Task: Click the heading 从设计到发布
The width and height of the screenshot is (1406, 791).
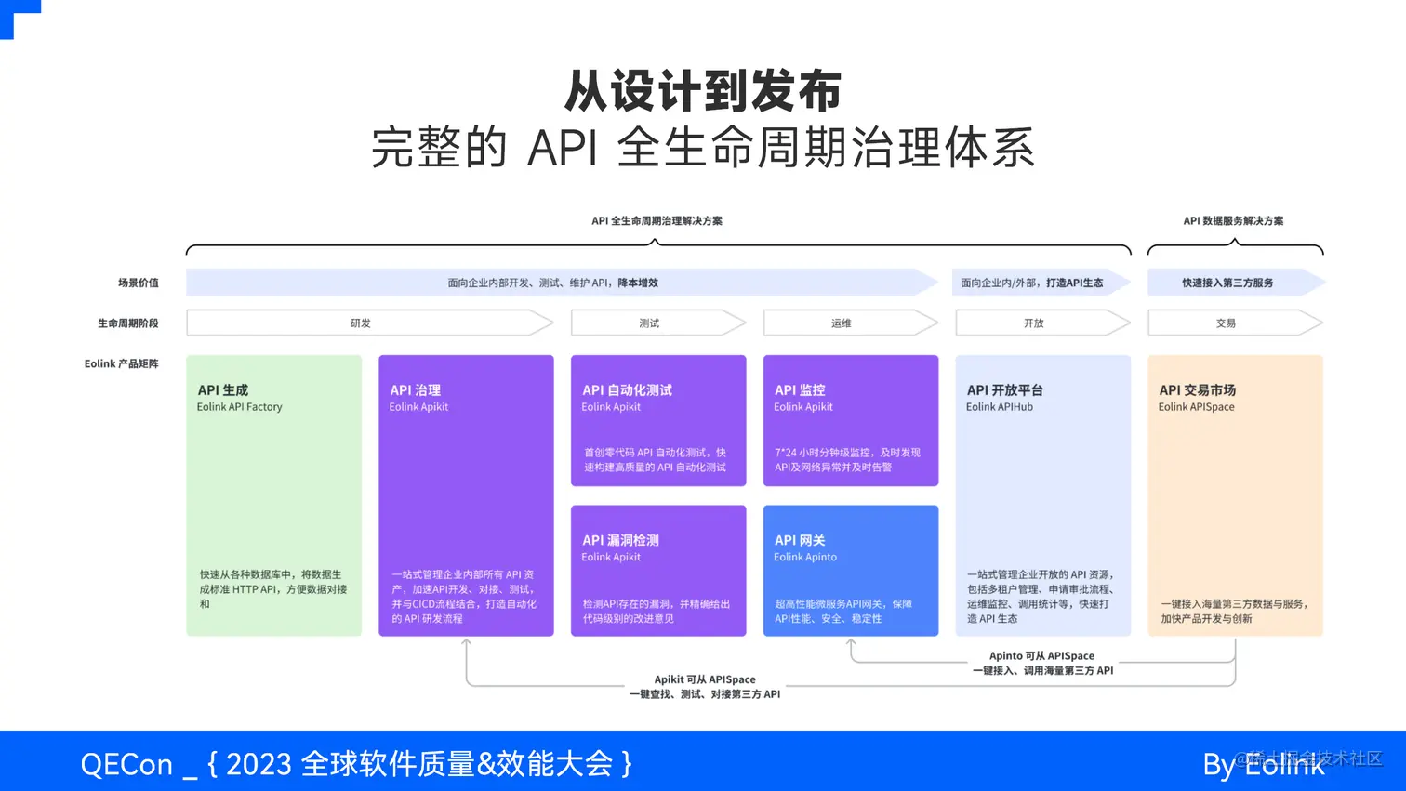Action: click(702, 91)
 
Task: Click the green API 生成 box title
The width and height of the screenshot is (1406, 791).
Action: click(223, 390)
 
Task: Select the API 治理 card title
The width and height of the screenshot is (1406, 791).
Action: click(416, 390)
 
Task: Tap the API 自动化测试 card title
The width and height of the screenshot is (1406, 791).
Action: click(627, 390)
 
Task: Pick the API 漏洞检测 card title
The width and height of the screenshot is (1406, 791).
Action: click(620, 540)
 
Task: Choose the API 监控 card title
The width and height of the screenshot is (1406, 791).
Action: click(800, 390)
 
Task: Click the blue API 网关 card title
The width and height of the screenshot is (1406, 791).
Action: click(800, 540)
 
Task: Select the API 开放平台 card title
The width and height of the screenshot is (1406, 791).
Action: click(1005, 390)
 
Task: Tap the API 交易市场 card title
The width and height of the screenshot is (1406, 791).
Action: click(1198, 390)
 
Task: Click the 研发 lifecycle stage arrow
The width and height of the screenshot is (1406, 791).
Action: click(361, 323)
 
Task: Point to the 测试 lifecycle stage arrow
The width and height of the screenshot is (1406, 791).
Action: click(649, 323)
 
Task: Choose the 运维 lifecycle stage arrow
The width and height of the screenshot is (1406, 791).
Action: click(842, 323)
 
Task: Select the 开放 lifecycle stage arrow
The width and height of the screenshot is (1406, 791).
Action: click(1034, 323)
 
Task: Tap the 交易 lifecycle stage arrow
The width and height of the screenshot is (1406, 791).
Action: click(1226, 323)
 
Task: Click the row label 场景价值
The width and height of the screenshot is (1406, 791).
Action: click(138, 283)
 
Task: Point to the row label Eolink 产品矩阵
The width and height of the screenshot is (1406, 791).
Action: click(121, 363)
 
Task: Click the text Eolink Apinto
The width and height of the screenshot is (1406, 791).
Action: click(805, 557)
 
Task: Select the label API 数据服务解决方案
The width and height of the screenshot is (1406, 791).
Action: click(1233, 221)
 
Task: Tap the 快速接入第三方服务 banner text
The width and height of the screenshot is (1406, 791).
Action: click(1227, 283)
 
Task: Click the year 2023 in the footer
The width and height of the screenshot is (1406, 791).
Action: click(259, 764)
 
